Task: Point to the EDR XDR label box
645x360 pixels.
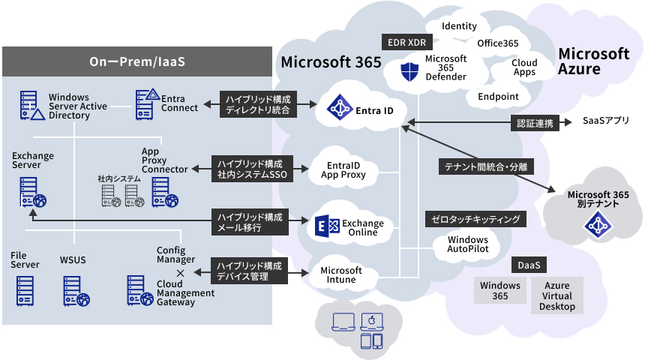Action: (406, 42)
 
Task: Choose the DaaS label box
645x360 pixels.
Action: (529, 265)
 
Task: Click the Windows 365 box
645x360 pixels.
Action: (499, 290)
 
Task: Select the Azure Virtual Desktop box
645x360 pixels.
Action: (556, 295)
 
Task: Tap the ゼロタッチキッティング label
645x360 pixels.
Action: (475, 219)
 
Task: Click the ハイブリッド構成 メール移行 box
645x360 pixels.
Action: (250, 221)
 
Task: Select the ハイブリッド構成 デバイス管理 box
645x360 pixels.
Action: (251, 271)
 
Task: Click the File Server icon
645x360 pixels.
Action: (25, 291)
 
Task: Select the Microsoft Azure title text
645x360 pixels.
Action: (593, 61)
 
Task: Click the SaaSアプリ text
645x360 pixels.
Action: (605, 121)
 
